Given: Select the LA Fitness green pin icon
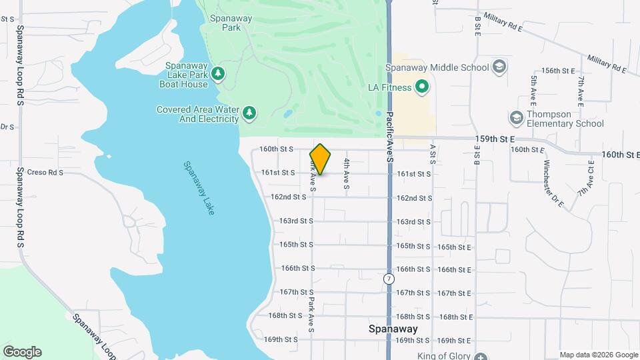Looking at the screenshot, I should tap(421, 87).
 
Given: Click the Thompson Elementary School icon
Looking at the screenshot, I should tap(517, 118).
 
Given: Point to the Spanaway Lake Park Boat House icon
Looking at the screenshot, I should tap(217, 73).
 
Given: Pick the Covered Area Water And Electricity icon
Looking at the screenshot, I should tap(249, 113).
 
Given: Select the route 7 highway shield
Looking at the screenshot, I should tap(389, 278).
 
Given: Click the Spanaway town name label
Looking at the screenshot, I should tap(393, 329).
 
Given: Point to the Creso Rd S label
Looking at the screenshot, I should tap(41, 172).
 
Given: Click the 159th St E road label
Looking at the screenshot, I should tap(495, 139).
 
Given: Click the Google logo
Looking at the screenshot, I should tap(22, 352).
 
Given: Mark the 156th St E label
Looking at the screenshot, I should tap(558, 70).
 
